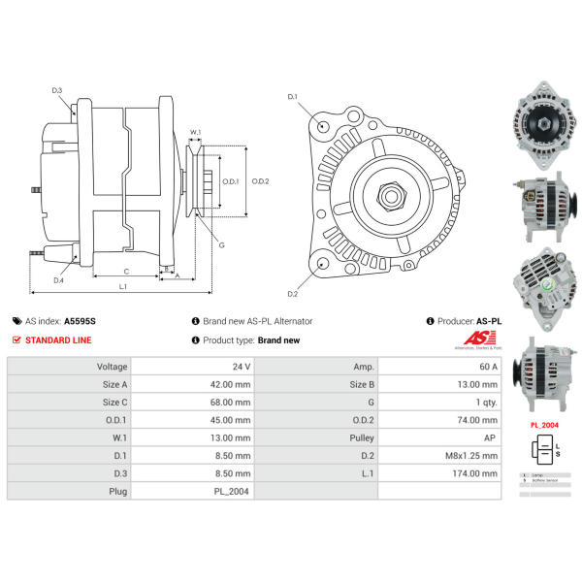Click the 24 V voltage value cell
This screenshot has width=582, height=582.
coord(241,367)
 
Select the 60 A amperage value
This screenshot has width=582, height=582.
coord(487,367)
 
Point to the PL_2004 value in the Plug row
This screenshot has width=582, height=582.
coord(235,492)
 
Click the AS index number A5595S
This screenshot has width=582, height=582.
coord(81,321)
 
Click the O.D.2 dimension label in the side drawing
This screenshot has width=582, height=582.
coord(259,181)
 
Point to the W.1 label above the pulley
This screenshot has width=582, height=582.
coord(195,132)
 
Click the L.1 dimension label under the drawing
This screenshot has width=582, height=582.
coord(123,287)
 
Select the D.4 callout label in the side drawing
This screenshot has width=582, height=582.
coord(58,280)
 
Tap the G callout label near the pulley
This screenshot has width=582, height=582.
coord(221,244)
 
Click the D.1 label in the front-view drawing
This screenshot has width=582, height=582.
coord(293,97)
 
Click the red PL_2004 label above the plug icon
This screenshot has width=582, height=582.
coord(543,425)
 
